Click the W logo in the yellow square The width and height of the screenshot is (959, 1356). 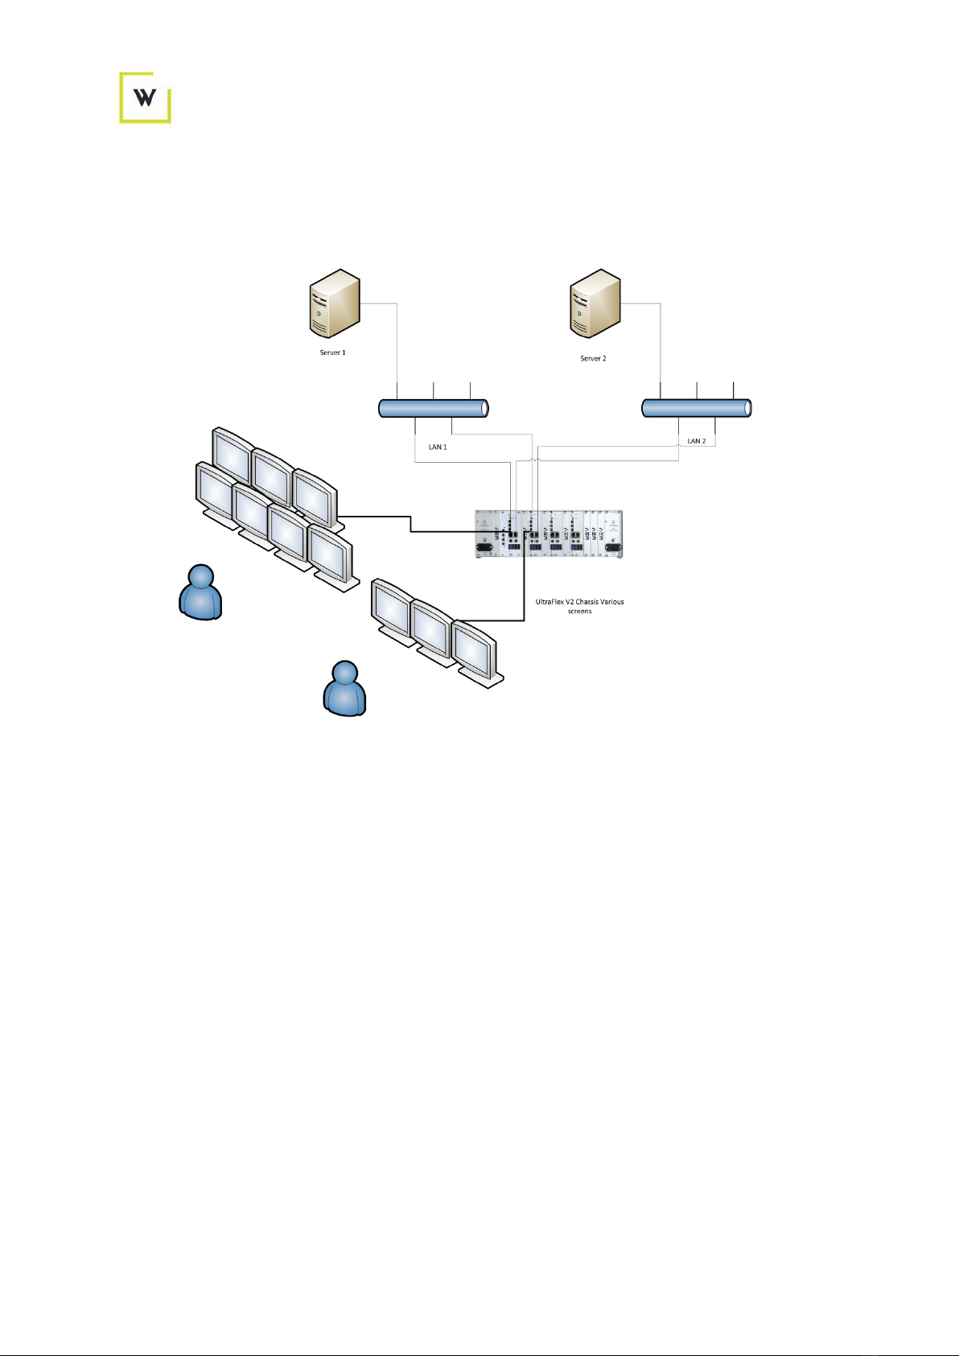[x=145, y=97]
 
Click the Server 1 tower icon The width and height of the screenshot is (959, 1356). [x=335, y=303]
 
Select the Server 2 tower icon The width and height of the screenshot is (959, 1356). [x=595, y=303]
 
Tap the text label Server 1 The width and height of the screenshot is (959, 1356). [x=332, y=352]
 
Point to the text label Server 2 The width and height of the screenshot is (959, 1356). [x=593, y=358]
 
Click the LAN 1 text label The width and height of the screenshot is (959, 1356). [x=438, y=447]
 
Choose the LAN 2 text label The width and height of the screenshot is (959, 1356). [x=697, y=441]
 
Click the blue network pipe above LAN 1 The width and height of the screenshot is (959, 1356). [x=433, y=408]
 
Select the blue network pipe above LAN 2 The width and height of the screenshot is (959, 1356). [x=696, y=408]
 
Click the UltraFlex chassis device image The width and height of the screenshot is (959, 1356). [x=549, y=534]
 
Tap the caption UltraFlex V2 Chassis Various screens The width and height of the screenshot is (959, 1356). [x=579, y=606]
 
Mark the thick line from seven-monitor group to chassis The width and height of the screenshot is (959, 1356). [x=411, y=524]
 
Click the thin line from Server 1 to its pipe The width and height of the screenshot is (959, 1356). [x=397, y=338]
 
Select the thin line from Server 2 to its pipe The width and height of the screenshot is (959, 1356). [x=661, y=338]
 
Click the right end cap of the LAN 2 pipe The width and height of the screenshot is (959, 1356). [x=747, y=408]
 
